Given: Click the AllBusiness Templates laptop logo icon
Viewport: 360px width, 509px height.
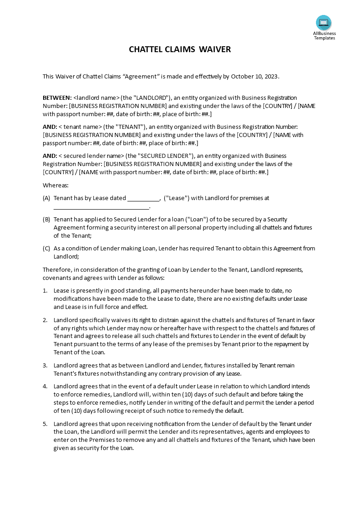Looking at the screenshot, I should coord(324,22).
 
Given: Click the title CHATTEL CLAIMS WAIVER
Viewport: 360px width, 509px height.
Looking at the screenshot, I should coord(180,49).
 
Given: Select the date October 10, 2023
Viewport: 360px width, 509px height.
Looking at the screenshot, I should coord(255,76).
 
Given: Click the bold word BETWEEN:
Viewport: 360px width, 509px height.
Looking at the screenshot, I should coord(57,98).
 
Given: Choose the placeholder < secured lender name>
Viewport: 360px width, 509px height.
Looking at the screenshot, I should coord(92,156).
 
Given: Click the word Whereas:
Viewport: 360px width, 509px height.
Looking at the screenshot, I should coord(56,185).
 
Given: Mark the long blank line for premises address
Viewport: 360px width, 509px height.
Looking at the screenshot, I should coord(101,207).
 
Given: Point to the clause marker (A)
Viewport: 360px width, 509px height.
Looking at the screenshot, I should coord(46,198).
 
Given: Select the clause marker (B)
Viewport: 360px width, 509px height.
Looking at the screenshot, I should coord(46,219).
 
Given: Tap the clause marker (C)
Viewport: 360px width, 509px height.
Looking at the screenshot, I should coord(46,248).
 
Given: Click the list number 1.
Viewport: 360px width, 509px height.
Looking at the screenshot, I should coord(45,290).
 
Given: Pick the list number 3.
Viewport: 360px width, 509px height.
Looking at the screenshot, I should coord(45,365).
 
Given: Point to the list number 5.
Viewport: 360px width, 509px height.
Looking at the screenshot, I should coord(45,424).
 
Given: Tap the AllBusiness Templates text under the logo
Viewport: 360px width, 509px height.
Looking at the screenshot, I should coord(324,35).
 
